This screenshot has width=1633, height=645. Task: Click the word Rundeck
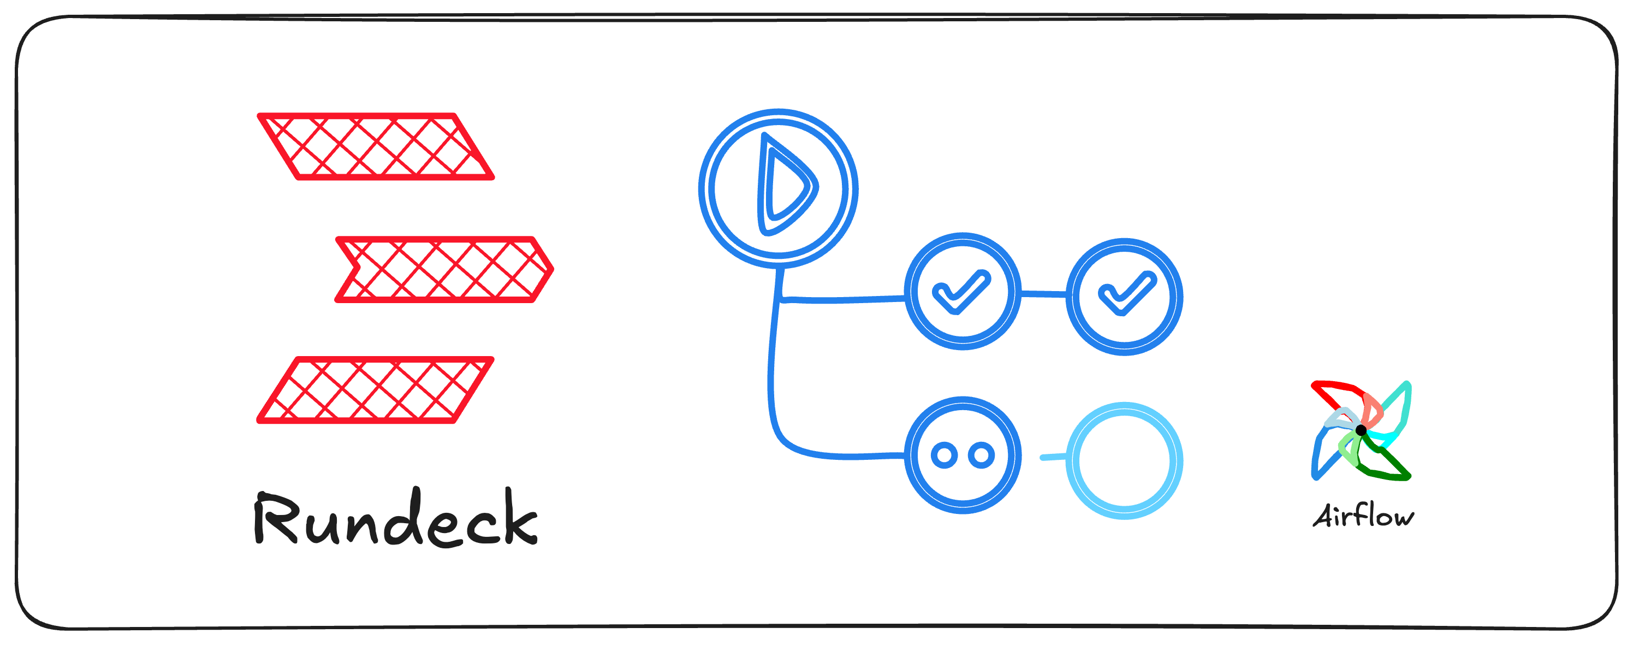396,519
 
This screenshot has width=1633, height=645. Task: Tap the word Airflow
1363,516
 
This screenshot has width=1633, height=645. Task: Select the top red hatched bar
375,146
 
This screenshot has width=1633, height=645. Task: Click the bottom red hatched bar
375,389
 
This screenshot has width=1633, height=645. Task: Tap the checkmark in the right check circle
1126,294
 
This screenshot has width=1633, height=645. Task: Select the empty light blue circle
1124,461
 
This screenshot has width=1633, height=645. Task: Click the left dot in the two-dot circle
944,455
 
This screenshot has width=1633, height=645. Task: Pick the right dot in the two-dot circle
981,455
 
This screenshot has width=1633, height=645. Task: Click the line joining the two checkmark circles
1043,294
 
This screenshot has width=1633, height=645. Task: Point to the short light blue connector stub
1053,457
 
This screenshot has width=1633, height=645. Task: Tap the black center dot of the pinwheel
1361,430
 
